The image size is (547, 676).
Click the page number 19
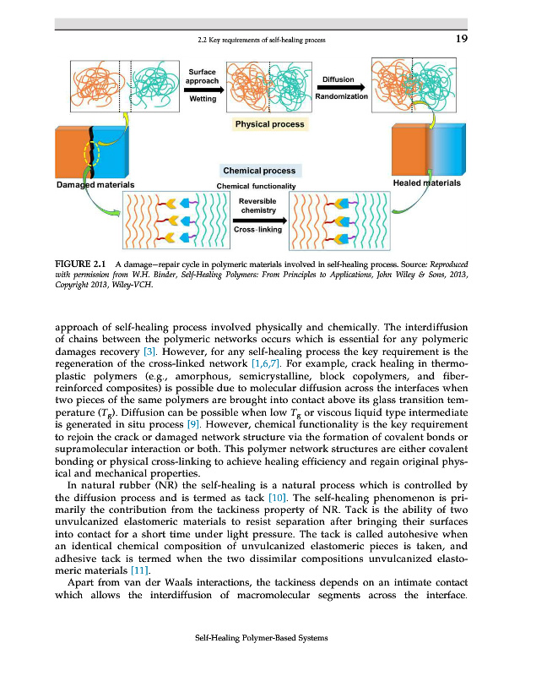click(x=461, y=38)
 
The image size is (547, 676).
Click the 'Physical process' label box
click(x=269, y=124)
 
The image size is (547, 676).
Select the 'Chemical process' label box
click(x=258, y=171)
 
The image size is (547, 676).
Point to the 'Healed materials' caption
click(x=427, y=183)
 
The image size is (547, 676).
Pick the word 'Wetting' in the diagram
click(x=202, y=99)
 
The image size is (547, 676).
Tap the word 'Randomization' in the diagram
click(x=341, y=97)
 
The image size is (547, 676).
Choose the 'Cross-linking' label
click(x=257, y=229)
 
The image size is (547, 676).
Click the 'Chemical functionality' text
click(x=257, y=186)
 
